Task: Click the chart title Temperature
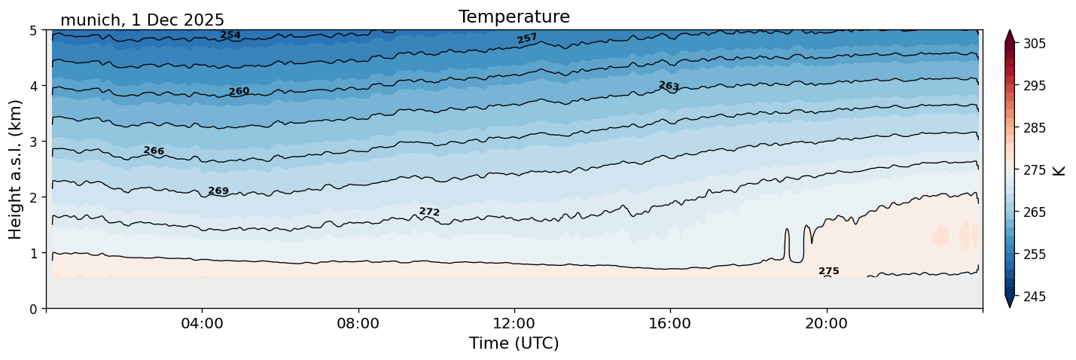click(514, 17)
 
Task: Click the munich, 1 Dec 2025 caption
click(142, 20)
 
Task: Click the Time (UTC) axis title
click(514, 343)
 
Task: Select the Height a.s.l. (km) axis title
click(16, 169)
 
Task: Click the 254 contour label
click(230, 35)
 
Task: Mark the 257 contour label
click(527, 38)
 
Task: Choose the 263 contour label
click(669, 86)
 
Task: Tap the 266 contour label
click(154, 151)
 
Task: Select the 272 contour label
click(429, 212)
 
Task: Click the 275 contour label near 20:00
click(828, 271)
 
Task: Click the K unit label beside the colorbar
click(1059, 170)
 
